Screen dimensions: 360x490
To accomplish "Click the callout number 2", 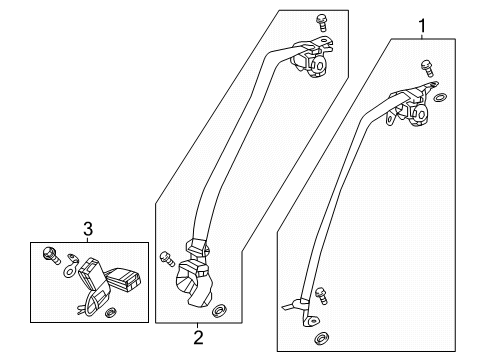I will click(x=199, y=336).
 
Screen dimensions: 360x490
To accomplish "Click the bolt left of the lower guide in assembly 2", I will click(x=164, y=257).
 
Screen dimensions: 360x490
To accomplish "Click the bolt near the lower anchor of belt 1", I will click(x=321, y=294).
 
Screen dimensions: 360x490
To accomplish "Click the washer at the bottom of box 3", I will click(x=112, y=314).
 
